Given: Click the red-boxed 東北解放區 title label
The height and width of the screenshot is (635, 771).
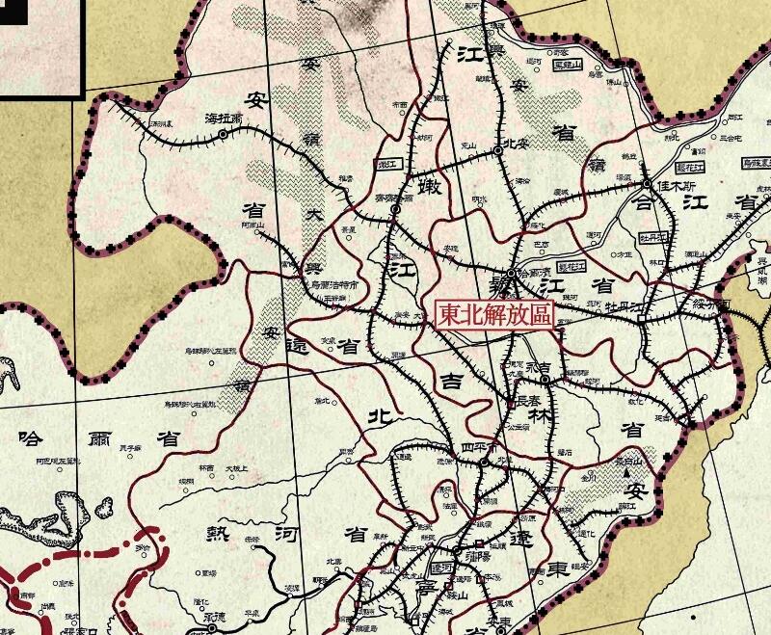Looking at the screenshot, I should point(494,315).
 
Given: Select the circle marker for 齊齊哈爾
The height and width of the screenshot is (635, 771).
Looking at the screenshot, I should point(394,209).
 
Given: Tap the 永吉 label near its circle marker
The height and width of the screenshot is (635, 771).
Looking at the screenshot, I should point(545,367).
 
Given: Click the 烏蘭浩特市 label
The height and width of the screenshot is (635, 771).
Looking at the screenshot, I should point(334,286).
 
